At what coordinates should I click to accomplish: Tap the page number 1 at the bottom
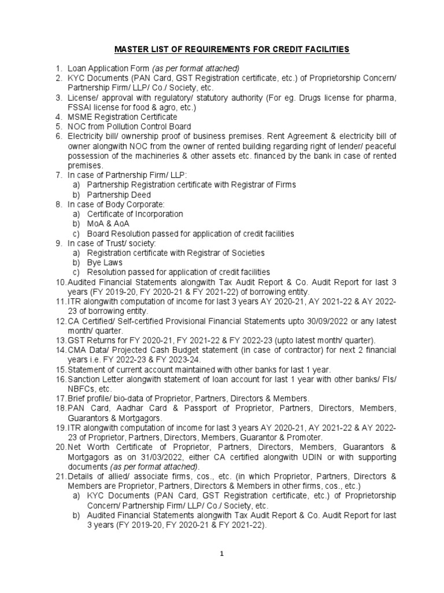coord(221,554)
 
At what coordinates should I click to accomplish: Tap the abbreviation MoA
coord(95,224)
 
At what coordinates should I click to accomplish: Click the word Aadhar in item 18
coord(125,408)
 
